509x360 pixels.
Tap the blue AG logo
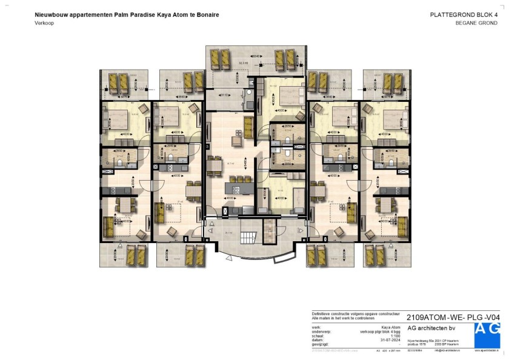point(487,334)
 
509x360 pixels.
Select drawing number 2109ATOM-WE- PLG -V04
point(454,317)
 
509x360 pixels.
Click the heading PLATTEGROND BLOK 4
point(465,15)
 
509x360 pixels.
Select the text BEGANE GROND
point(477,22)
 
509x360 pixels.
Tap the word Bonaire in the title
point(206,14)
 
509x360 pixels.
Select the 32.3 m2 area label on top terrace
point(244,62)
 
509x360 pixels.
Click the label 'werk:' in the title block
point(316,327)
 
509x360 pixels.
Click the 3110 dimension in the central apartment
point(224,95)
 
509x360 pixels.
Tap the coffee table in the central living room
point(234,140)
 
